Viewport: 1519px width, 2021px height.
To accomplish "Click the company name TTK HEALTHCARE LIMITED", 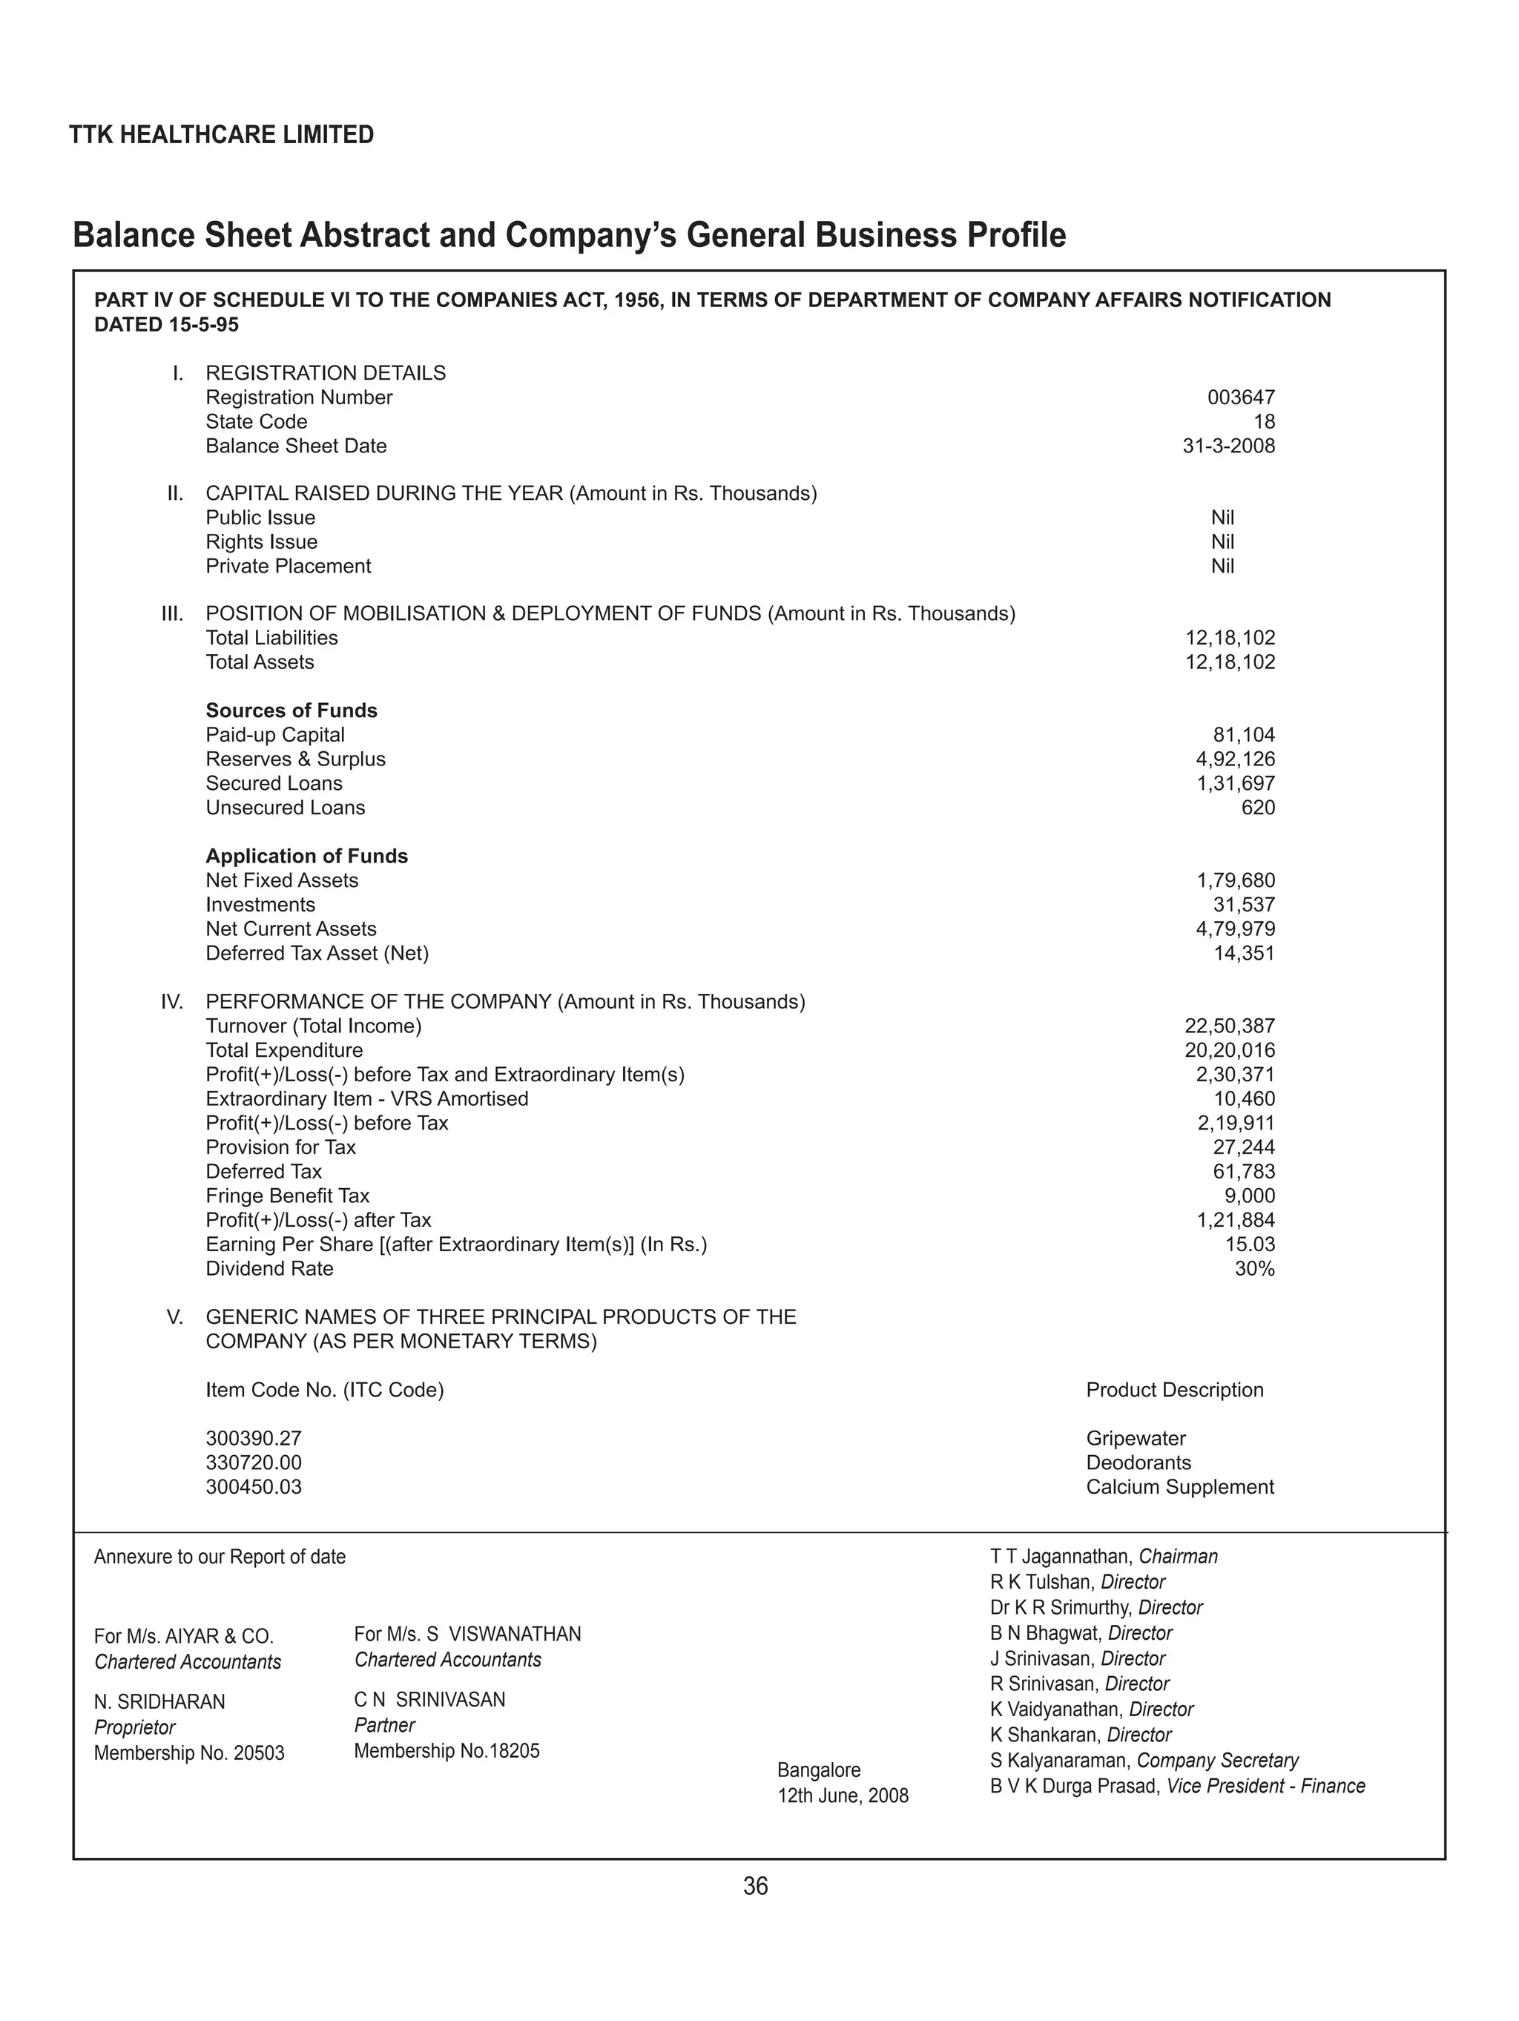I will tap(221, 135).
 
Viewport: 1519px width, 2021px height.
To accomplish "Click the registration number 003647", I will tap(1240, 398).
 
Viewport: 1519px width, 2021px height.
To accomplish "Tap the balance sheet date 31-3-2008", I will tap(1228, 446).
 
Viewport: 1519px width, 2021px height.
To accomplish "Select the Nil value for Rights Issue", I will tap(1222, 542).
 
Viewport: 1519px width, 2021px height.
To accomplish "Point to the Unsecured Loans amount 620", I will tap(1258, 808).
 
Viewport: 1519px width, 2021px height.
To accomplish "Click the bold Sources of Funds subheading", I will tap(291, 710).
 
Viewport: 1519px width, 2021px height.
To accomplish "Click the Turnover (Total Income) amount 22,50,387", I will tap(1229, 1026).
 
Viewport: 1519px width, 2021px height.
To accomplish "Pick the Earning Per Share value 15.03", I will tap(1249, 1244).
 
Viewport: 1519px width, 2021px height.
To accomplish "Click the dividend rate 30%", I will tap(1254, 1268).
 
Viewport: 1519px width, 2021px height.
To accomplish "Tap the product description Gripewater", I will tap(1135, 1438).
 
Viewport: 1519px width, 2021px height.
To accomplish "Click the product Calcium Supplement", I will tap(1179, 1486).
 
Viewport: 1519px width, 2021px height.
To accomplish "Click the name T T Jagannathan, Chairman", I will tap(1103, 1556).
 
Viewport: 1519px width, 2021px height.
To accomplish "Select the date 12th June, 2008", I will tap(843, 1796).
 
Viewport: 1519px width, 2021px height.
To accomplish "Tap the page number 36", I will tap(756, 1886).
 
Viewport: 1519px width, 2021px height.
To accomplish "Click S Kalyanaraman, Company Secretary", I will tap(1144, 1761).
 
